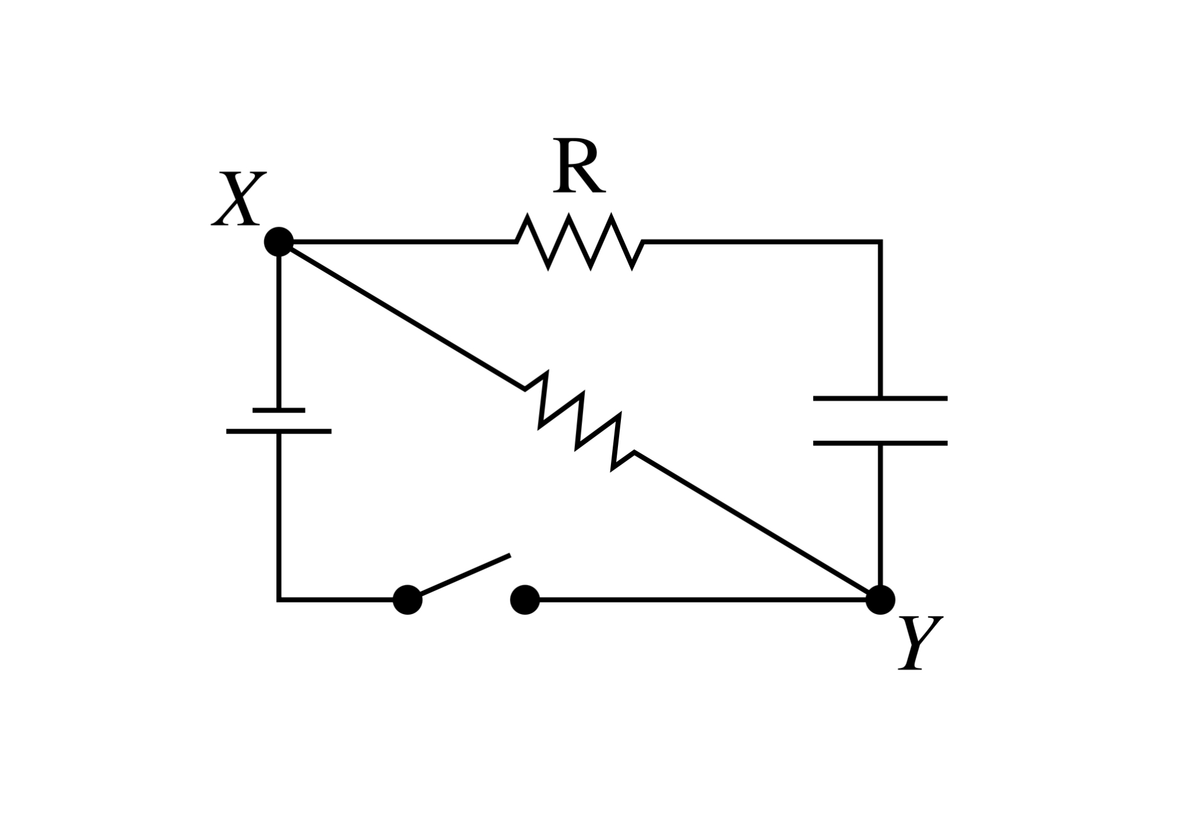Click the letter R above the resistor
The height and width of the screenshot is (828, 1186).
(x=578, y=166)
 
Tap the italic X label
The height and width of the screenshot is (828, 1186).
(x=239, y=199)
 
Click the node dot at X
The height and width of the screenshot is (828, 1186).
(x=279, y=242)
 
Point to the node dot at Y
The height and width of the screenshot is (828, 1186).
(x=880, y=600)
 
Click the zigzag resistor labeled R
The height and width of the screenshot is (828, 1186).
(x=580, y=242)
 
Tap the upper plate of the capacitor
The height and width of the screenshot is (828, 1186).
(x=880, y=398)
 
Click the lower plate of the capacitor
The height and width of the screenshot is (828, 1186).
(x=880, y=443)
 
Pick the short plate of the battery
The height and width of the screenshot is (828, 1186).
(x=279, y=410)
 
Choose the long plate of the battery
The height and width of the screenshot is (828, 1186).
(x=279, y=431)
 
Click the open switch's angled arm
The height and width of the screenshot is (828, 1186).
(x=465, y=575)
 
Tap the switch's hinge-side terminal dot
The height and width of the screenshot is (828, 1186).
(x=408, y=600)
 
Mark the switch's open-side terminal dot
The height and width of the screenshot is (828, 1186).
(x=525, y=600)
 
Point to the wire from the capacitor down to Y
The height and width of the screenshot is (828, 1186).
(x=880, y=517)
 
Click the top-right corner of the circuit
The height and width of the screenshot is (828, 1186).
(x=880, y=242)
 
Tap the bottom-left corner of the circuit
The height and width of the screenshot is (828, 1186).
(x=279, y=600)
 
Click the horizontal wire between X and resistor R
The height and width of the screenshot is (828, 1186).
(x=401, y=242)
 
